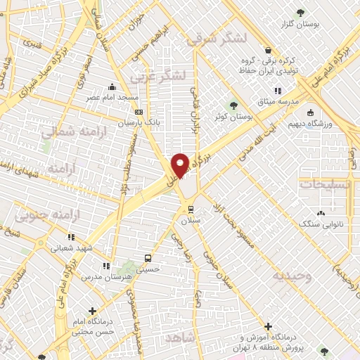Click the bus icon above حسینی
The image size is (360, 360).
pos(147,258)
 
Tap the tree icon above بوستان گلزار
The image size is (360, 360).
pos(301,12)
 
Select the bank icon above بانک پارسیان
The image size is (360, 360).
pos(139,111)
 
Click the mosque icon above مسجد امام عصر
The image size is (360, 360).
pos(112,87)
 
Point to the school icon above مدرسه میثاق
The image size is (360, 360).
pos(278,90)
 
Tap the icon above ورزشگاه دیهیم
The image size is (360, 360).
pos(309,114)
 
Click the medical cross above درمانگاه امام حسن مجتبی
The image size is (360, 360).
pos(92,310)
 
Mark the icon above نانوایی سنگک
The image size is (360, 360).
pos(321,213)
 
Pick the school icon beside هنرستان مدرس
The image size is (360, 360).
pos(107,266)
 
